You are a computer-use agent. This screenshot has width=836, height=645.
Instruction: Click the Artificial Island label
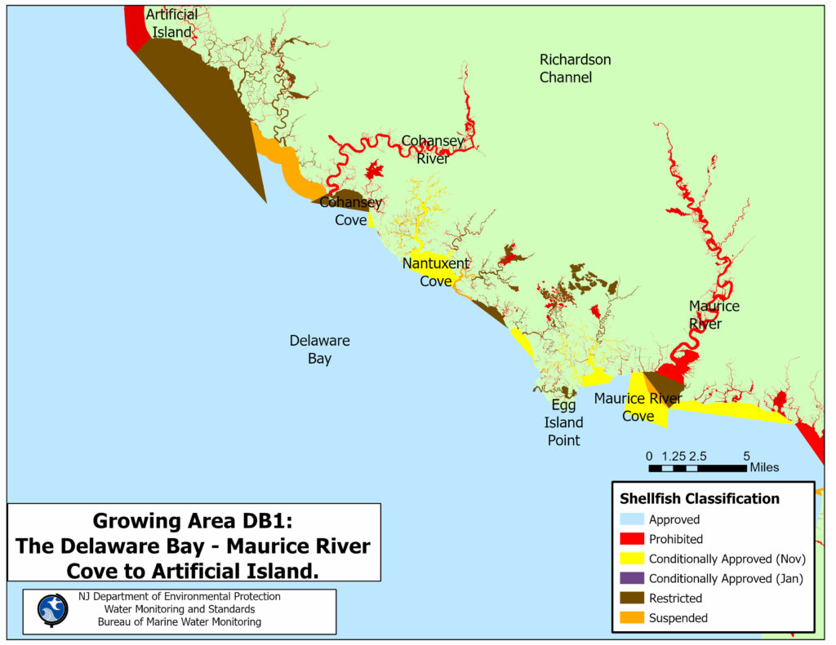[171, 24]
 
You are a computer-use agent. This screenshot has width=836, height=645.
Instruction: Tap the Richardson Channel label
[575, 68]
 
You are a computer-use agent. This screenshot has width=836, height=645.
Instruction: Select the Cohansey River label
[433, 149]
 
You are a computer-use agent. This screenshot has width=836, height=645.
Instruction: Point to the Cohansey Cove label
[350, 210]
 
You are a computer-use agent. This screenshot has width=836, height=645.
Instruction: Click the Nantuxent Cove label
[436, 272]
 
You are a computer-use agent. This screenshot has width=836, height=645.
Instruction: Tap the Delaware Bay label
[319, 349]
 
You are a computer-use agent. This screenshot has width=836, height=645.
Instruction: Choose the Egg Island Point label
[563, 422]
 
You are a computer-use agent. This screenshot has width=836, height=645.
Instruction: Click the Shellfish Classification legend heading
[700, 498]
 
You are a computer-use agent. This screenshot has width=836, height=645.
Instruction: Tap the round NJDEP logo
[53, 610]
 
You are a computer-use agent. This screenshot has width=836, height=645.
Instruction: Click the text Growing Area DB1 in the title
[193, 521]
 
